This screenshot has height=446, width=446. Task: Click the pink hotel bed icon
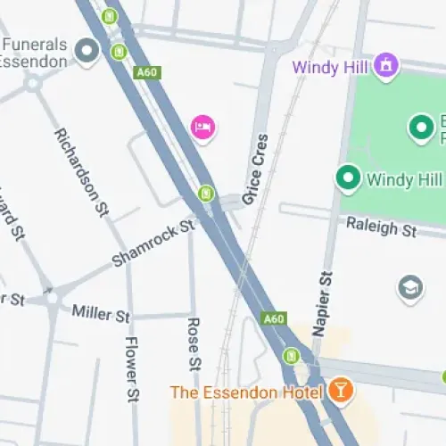(203, 128)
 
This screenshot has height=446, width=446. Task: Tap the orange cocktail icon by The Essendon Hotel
(340, 390)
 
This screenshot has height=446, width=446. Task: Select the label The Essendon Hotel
(246, 392)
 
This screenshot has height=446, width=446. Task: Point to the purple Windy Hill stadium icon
(385, 64)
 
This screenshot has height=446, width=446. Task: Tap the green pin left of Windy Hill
(348, 178)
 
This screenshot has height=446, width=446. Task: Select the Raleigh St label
(382, 227)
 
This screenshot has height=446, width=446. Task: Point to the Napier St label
(323, 304)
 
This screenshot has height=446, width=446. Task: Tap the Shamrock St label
(153, 244)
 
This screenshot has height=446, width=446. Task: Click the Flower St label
(132, 368)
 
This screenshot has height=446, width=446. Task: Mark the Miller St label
(101, 313)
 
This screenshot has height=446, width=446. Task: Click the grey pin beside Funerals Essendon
(87, 53)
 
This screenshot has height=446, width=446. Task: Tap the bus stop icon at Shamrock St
(207, 193)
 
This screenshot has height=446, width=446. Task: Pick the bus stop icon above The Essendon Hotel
(291, 356)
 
